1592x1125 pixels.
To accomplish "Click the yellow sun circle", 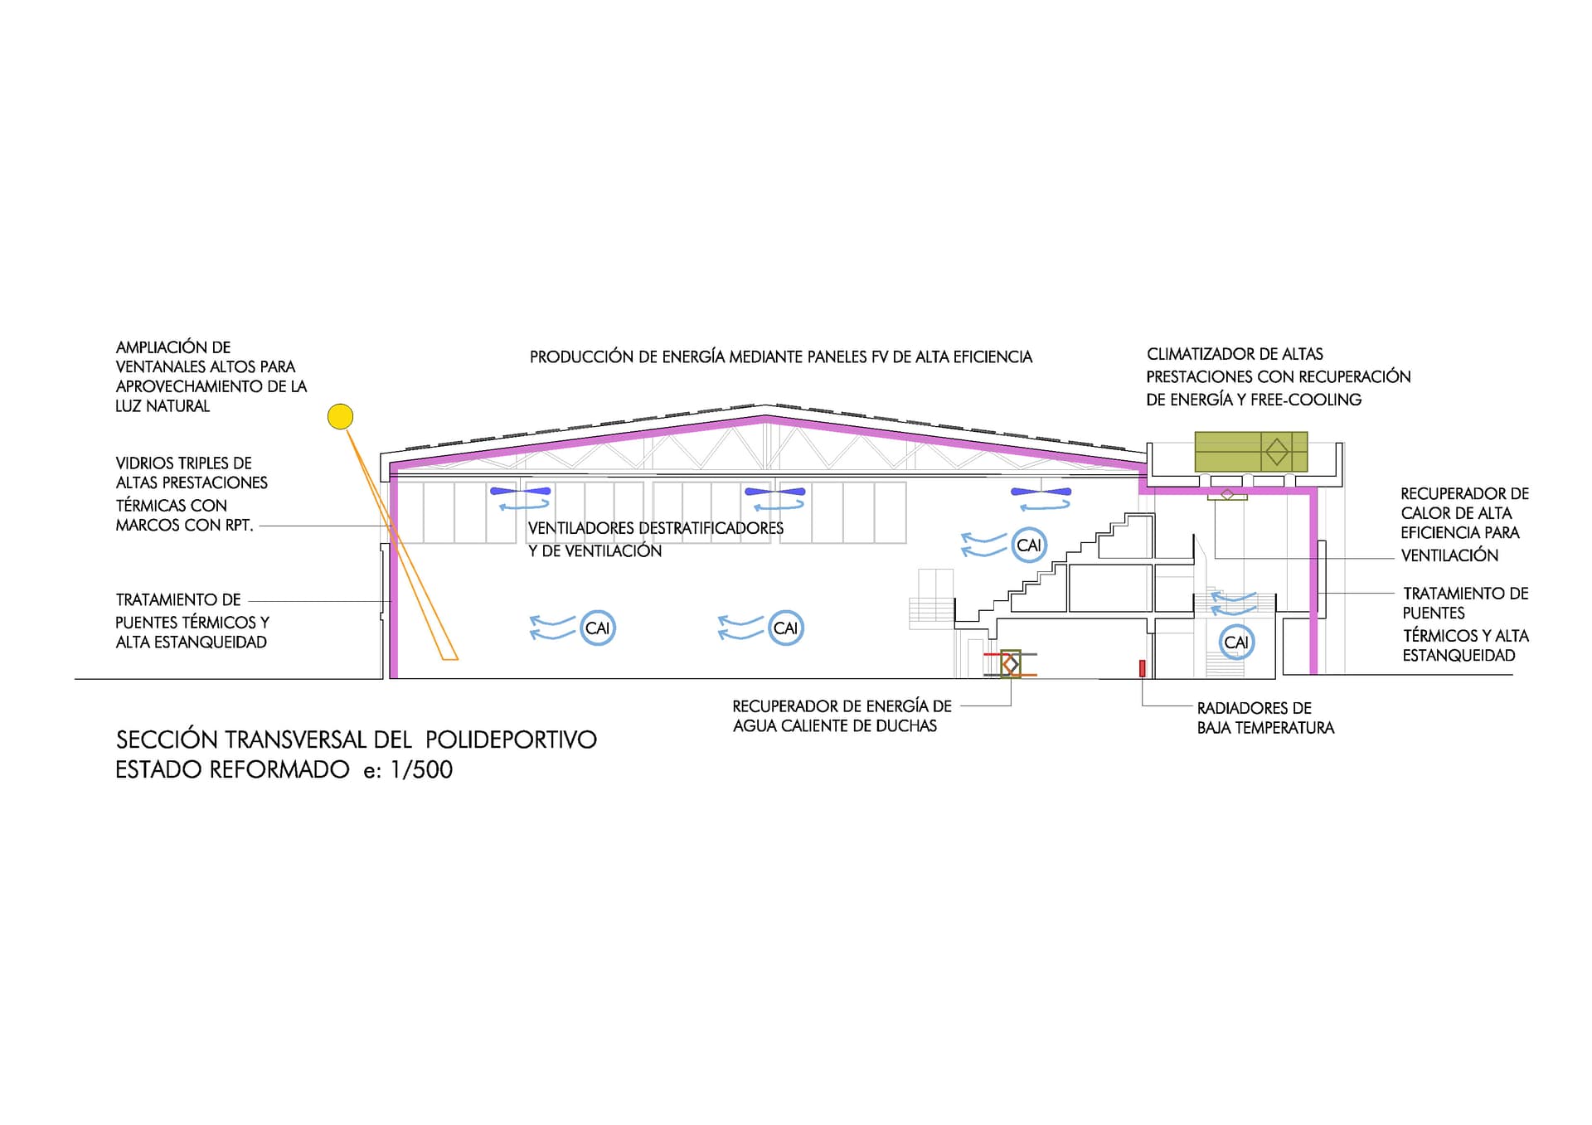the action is (x=340, y=416).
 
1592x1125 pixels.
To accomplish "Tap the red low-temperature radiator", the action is (x=1142, y=668).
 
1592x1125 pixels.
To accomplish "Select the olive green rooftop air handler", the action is (x=1250, y=452).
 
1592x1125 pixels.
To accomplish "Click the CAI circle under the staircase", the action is (x=1236, y=643).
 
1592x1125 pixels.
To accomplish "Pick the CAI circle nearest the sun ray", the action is (x=597, y=628).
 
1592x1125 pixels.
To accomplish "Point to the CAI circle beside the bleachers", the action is (x=1029, y=546).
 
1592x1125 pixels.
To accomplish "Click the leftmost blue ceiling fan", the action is (x=521, y=492).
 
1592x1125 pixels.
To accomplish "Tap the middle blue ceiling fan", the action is (x=775, y=492).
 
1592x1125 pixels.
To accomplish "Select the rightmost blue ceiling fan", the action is (x=1041, y=492).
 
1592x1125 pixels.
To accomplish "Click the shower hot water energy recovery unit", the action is (x=1010, y=664).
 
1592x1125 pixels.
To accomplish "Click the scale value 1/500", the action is (x=421, y=770).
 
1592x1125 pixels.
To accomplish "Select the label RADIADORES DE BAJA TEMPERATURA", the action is (x=1265, y=718).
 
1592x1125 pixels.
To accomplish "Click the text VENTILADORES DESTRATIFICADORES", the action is (x=656, y=528).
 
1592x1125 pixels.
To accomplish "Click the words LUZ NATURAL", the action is (x=163, y=406).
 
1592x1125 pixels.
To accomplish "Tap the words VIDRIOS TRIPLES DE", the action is (x=183, y=463).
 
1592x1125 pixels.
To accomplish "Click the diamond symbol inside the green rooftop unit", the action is (x=1277, y=452).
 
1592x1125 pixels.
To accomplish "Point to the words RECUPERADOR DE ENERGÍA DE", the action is (x=842, y=706).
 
